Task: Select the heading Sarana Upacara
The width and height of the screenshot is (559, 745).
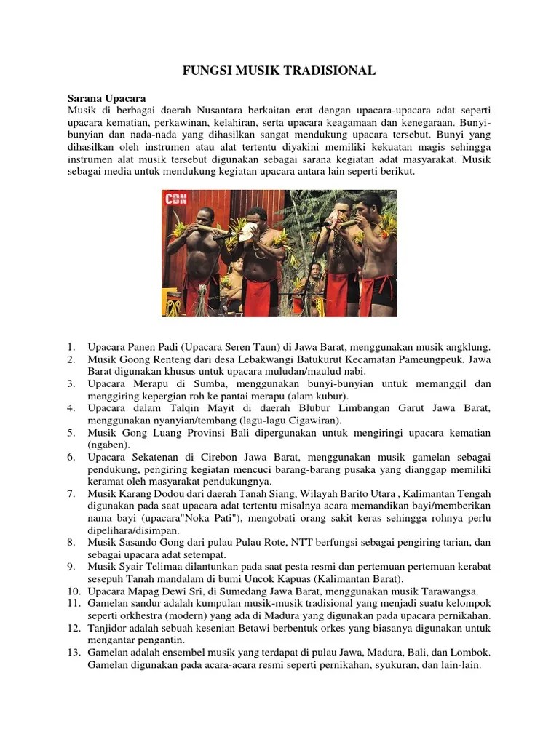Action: [x=107, y=96]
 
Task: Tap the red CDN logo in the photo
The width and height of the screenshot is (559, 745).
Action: [x=177, y=199]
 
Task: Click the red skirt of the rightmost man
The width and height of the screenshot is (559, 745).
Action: [x=378, y=294]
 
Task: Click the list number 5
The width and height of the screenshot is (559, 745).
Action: [x=71, y=433]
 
